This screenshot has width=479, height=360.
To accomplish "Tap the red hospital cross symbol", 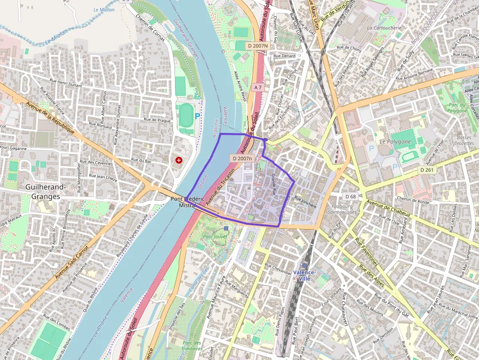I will [x=179, y=160].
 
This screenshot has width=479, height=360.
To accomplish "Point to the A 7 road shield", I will [x=258, y=87].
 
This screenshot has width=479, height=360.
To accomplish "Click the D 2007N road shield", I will [x=257, y=45].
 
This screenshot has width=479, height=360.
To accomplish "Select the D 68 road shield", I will [x=350, y=196].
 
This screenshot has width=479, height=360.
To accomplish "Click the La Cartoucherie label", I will [x=384, y=28].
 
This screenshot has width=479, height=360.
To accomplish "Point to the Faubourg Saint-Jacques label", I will [x=342, y=209].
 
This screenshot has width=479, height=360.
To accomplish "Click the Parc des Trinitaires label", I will [x=193, y=346].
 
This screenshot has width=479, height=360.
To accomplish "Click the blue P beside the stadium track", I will [x=197, y=117].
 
